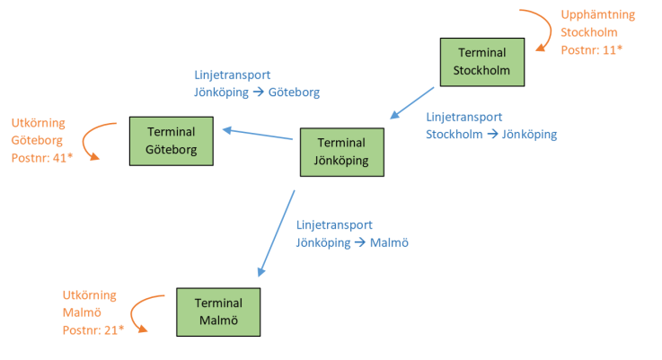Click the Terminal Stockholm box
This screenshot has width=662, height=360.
tap(482, 62)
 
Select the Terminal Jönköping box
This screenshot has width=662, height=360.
tap(341, 152)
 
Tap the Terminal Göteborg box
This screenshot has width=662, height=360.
tap(172, 140)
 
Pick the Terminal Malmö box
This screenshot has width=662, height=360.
tap(218, 312)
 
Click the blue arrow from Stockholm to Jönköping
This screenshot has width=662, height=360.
tap(413, 102)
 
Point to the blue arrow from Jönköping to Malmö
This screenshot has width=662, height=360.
tap(277, 233)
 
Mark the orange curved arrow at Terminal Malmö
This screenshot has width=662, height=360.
tap(139, 313)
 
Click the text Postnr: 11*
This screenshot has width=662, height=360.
tap(591, 50)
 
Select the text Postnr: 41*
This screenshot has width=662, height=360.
tap(42, 158)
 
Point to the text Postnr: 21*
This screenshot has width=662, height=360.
tap(93, 329)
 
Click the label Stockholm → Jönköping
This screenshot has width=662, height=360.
tap(491, 135)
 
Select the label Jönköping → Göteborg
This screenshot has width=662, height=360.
tap(257, 92)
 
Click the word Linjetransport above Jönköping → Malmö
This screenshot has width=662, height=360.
tap(333, 224)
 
